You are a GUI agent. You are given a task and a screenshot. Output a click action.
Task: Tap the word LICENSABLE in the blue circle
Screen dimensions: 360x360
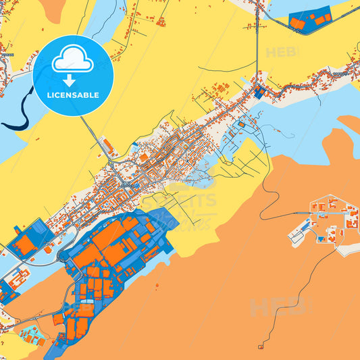tap(72, 95)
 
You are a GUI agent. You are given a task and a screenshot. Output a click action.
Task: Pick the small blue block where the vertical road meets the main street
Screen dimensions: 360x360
tap(259, 92)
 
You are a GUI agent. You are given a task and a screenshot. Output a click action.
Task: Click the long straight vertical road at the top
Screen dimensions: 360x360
tap(257, 41)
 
